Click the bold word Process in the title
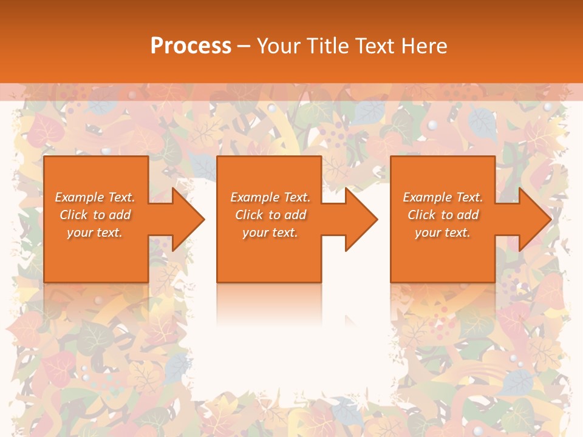(191, 46)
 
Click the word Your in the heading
(280, 46)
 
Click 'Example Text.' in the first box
(95, 197)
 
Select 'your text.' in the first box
(95, 232)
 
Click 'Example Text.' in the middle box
(270, 197)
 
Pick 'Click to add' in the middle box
(270, 215)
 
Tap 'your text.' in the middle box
(270, 232)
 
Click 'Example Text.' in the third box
(443, 197)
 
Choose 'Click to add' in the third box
(443, 215)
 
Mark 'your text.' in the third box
(443, 232)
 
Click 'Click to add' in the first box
(95, 215)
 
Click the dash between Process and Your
(244, 47)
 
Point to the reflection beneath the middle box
(270, 303)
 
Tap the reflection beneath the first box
(96, 303)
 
